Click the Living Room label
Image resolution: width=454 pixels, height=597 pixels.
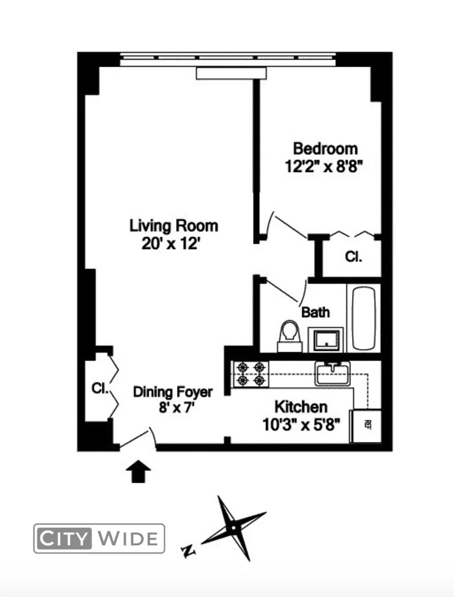pyautogui.click(x=174, y=226)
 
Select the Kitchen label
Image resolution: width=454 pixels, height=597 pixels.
pyautogui.click(x=301, y=406)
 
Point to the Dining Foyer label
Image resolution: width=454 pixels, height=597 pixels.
pyautogui.click(x=173, y=392)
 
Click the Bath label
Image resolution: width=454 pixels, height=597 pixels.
pyautogui.click(x=315, y=312)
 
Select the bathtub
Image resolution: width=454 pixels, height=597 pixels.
pyautogui.click(x=364, y=318)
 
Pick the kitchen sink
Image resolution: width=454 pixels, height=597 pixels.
pyautogui.click(x=332, y=374)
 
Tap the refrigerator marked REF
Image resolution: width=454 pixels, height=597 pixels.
pyautogui.click(x=367, y=425)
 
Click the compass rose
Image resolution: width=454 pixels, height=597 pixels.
pyautogui.click(x=234, y=528)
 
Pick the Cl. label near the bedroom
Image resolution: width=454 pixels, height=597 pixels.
pyautogui.click(x=353, y=257)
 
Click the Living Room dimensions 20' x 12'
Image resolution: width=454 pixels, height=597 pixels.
pyautogui.click(x=171, y=243)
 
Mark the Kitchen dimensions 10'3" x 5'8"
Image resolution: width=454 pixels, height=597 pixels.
pyautogui.click(x=302, y=423)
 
